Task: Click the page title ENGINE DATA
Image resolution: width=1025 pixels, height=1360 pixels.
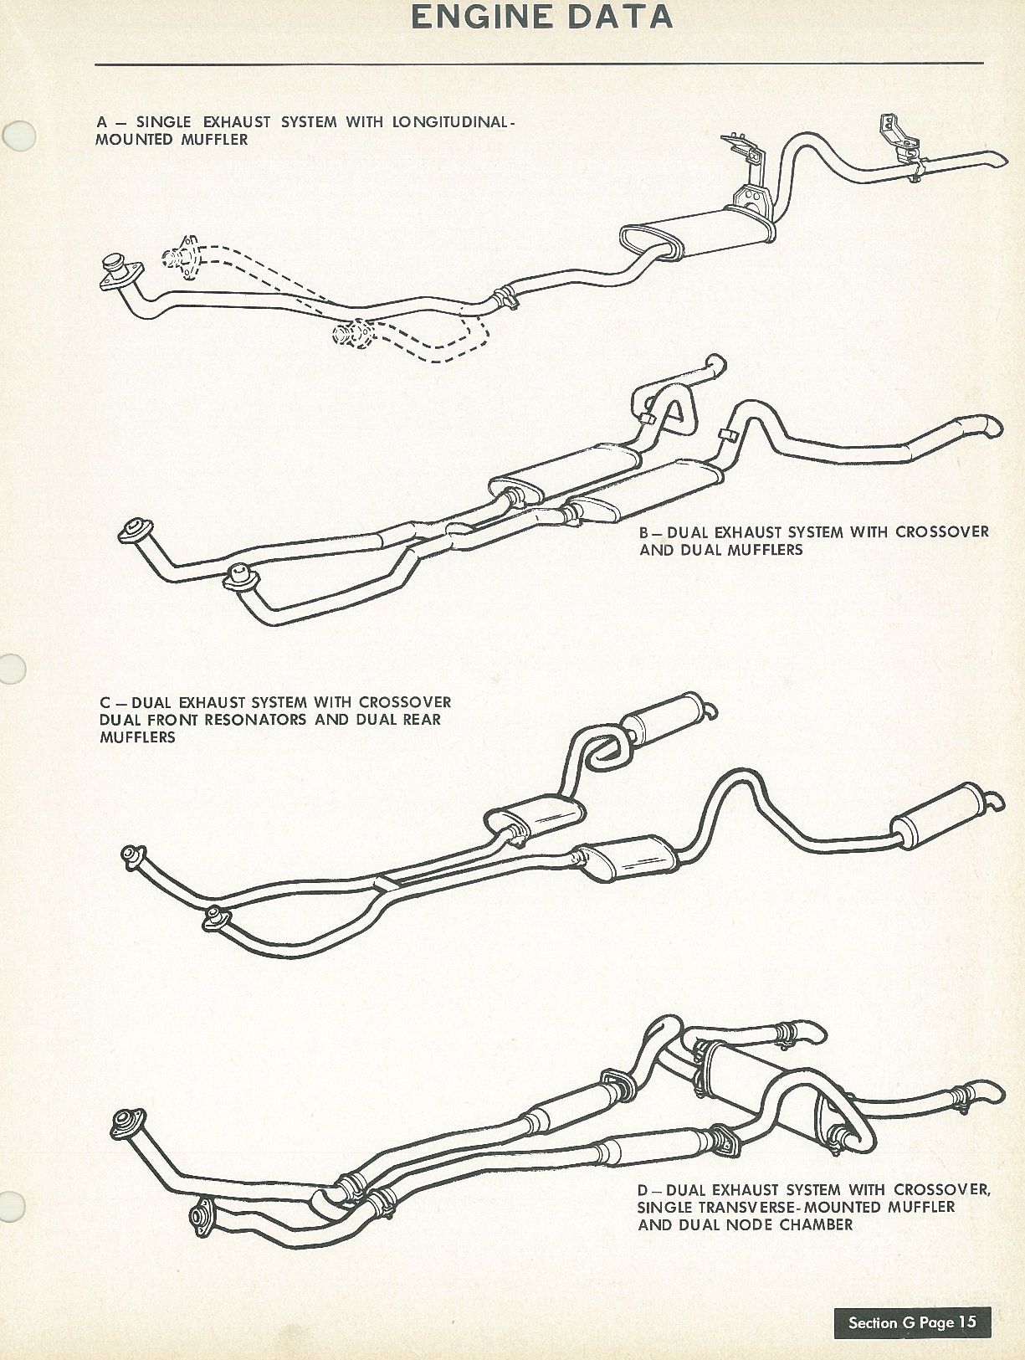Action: click(x=541, y=17)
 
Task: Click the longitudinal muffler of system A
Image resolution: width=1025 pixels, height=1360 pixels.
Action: click(x=697, y=234)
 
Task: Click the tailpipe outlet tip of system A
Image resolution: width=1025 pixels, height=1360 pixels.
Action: click(x=997, y=160)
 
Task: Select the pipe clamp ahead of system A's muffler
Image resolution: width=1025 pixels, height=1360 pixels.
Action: click(x=505, y=296)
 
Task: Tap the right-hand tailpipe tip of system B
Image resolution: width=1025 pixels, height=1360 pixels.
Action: click(x=992, y=425)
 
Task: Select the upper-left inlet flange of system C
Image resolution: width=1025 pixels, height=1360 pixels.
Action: click(x=132, y=855)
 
